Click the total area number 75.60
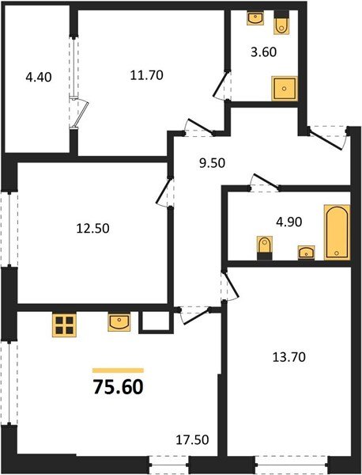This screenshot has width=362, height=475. point(118,388)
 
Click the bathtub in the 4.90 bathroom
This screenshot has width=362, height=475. point(336,231)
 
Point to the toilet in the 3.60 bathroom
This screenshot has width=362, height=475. point(281,25)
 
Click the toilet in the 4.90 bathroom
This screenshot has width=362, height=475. point(263,249)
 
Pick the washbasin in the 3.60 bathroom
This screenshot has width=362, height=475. point(255,17)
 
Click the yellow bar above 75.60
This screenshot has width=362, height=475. point(118,370)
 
